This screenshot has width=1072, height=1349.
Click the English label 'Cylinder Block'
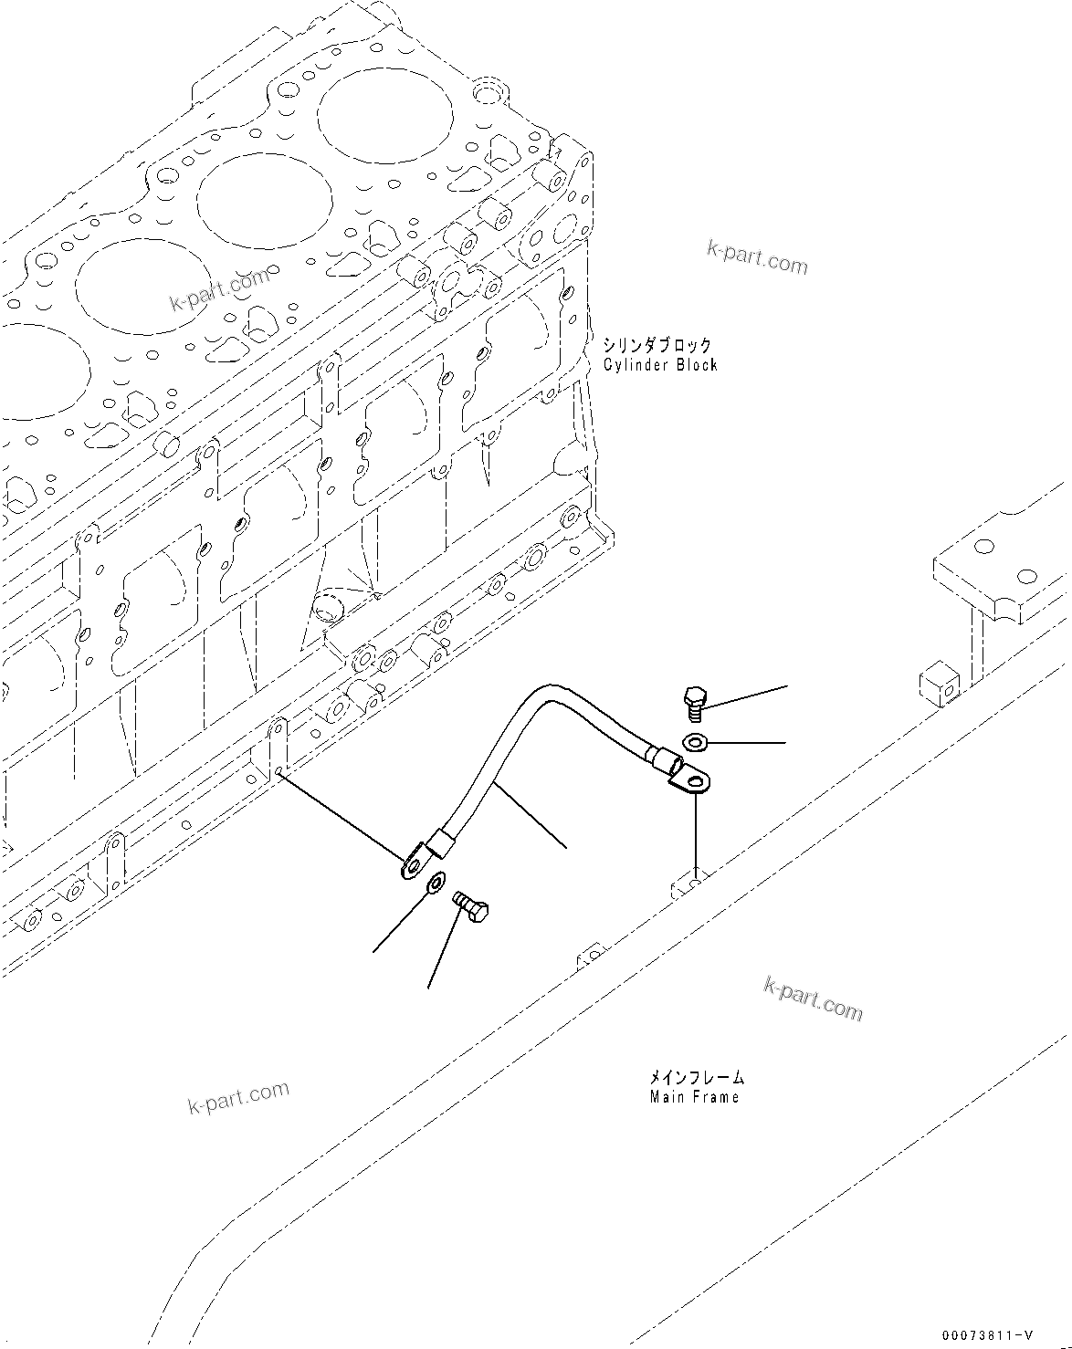[x=660, y=365]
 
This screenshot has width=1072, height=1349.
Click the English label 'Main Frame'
[x=694, y=1097]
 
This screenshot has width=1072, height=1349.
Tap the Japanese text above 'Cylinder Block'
[x=657, y=346]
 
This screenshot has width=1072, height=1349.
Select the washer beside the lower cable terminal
[x=436, y=882]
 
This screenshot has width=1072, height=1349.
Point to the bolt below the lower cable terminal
[x=473, y=907]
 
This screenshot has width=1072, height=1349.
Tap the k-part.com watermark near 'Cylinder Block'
[x=757, y=256]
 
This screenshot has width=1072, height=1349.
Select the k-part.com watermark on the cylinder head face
[x=219, y=290]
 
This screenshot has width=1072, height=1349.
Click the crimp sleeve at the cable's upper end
[x=661, y=757]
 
